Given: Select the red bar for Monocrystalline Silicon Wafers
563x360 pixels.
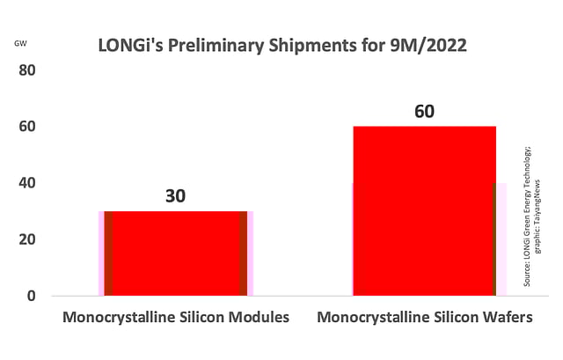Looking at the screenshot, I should click(x=424, y=211).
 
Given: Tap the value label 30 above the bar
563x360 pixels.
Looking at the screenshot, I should click(x=176, y=195).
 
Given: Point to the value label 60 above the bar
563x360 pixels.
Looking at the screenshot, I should click(x=424, y=112).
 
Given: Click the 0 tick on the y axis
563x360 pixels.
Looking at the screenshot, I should click(x=30, y=296).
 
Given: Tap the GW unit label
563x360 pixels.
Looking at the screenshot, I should click(x=20, y=42).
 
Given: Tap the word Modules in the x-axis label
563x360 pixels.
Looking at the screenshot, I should click(x=255, y=318).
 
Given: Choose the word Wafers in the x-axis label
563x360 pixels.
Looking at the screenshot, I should click(x=506, y=318).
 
